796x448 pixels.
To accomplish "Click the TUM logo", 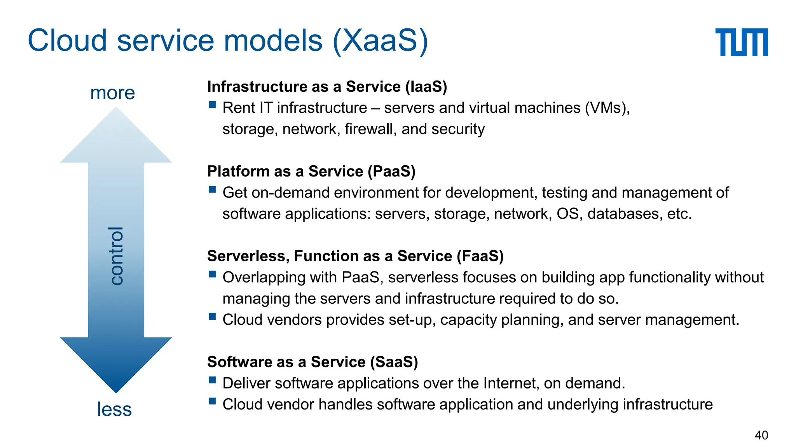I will (741, 42).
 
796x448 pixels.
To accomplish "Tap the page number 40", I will (761, 435).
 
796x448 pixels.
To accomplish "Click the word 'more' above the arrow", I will (112, 93).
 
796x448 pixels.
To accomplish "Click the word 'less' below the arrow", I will (114, 409).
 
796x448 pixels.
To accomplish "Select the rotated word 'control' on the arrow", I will (116, 256).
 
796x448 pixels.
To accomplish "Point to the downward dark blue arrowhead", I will (116, 366).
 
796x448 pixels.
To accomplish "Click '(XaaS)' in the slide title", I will (381, 40).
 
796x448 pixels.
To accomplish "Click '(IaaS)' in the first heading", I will (426, 86).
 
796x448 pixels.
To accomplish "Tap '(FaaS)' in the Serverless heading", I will (480, 256).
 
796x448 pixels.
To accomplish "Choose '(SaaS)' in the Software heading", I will (394, 362).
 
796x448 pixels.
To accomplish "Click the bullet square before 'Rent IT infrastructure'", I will (212, 104).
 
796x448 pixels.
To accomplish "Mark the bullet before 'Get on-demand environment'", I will (212, 189).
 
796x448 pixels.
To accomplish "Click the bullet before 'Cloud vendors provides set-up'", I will (212, 316).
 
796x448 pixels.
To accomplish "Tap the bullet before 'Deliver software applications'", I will (212, 380).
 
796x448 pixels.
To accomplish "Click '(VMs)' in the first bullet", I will (607, 108).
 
